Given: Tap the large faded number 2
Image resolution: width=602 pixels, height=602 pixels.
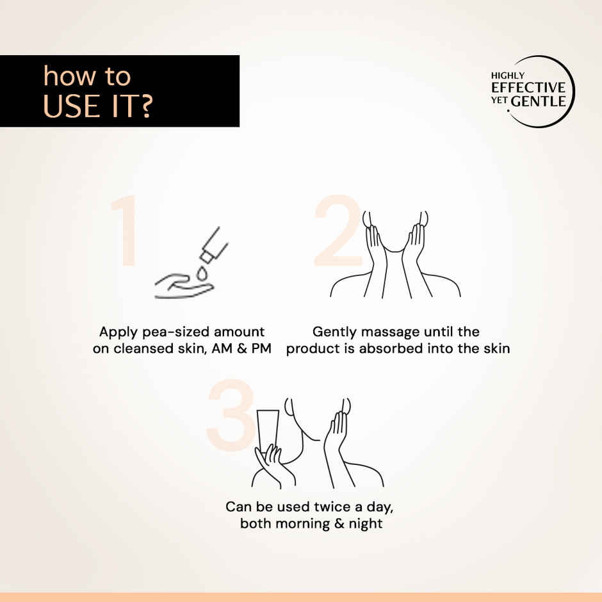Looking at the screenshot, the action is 338,230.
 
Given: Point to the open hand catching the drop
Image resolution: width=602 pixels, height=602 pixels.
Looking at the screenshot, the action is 184,286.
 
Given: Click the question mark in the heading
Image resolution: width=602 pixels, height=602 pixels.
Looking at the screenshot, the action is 145,106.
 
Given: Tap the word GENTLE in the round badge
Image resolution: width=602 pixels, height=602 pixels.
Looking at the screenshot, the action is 539,101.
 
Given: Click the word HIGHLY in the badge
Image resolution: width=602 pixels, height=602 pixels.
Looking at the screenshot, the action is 508,76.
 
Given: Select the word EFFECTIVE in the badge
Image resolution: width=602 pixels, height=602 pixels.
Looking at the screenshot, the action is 528,88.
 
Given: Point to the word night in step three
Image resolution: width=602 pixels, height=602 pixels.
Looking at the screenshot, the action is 366,524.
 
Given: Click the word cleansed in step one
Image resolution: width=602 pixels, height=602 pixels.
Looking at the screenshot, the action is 143,348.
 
